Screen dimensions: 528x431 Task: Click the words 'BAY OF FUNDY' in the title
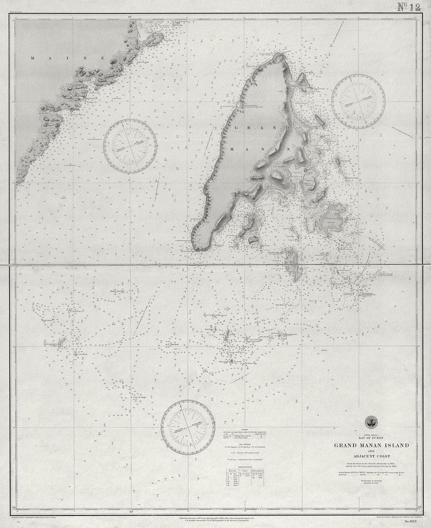(372, 438)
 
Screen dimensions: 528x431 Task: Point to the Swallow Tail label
(319, 89)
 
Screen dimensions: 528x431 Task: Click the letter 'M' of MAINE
(33, 58)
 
